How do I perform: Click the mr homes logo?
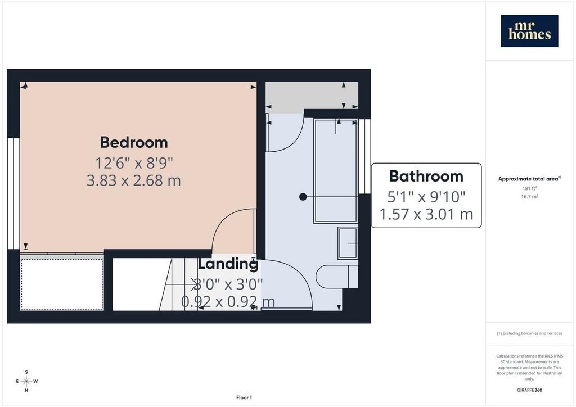point(529,31)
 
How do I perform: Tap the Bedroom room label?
point(134,142)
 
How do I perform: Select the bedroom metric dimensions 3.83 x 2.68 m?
point(134,180)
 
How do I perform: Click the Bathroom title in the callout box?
point(426,176)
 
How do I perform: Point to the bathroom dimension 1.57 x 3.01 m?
point(426,214)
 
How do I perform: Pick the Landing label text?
point(228,264)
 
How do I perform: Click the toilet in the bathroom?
point(337,277)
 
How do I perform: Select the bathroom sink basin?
point(348,243)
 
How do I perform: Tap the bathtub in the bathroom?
point(336,171)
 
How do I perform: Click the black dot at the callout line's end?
point(303,197)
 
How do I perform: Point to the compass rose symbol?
point(26,381)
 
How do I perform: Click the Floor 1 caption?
point(244,397)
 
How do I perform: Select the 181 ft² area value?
point(529,188)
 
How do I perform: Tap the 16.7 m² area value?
point(529,196)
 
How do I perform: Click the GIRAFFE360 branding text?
point(529,390)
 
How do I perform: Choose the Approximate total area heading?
point(529,179)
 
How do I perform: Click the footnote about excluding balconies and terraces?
point(529,333)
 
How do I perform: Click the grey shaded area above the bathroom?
point(312,94)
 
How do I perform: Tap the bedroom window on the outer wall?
point(13,194)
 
